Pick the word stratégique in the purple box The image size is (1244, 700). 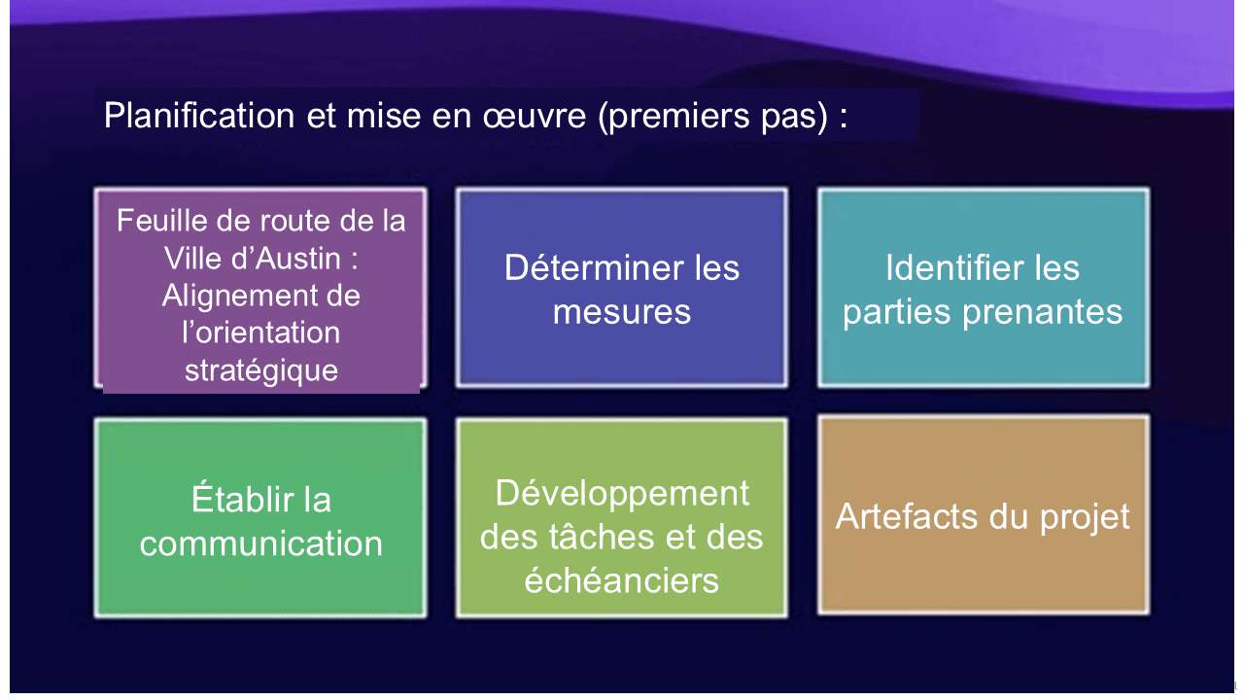click(261, 369)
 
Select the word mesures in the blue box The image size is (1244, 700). click(622, 311)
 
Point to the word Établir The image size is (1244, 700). click(237, 500)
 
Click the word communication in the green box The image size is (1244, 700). click(261, 543)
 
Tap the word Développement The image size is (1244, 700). click(622, 493)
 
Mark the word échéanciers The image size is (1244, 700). click(622, 580)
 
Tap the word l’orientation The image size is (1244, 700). click(261, 332)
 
